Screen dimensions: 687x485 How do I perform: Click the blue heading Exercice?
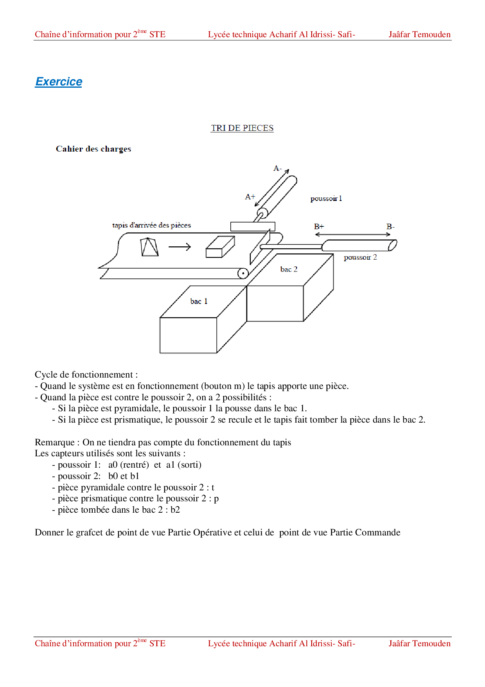click(59, 81)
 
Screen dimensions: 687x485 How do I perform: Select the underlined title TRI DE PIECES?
click(242, 128)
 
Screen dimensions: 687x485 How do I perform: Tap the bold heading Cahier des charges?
click(93, 149)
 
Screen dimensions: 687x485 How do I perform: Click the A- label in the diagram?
click(277, 168)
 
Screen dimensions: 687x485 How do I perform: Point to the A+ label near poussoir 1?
click(250, 197)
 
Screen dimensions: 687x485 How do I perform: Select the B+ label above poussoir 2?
click(319, 226)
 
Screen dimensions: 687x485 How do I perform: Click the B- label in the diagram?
click(390, 226)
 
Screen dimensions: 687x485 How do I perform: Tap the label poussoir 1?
click(326, 199)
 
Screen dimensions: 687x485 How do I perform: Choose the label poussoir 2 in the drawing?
click(360, 257)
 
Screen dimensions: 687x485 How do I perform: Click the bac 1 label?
click(199, 301)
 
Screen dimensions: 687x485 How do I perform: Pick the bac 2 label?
click(289, 269)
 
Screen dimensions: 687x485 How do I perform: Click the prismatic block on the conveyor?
click(220, 247)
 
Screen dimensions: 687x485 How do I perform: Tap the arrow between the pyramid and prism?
click(180, 247)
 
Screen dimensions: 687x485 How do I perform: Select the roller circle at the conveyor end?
click(243, 273)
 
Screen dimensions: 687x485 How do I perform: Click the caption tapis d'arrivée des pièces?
click(151, 225)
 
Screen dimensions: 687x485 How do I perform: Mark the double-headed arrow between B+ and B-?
click(352, 234)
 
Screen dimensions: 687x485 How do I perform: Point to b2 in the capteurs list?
click(175, 510)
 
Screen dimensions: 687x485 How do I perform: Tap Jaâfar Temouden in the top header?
click(419, 34)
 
